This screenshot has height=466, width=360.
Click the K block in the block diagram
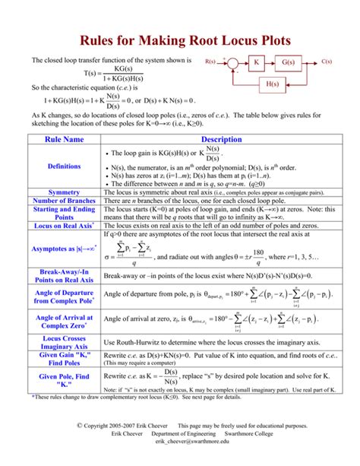coord(257,62)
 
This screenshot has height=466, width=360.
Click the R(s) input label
coord(210,59)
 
